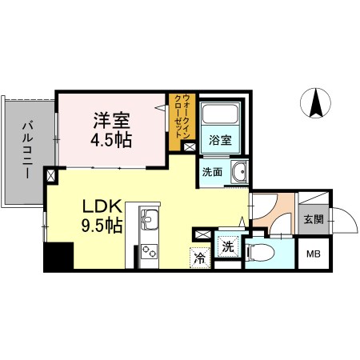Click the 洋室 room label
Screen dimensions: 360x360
click(111, 119)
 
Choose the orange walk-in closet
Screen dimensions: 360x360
click(182, 122)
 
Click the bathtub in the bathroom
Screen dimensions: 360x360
click(219, 117)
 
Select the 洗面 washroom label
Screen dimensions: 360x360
click(212, 171)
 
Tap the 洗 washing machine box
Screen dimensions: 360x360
click(228, 246)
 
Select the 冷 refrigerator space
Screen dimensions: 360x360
click(199, 258)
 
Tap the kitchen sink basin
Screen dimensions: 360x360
click(150, 218)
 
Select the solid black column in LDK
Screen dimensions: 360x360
click(58, 258)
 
